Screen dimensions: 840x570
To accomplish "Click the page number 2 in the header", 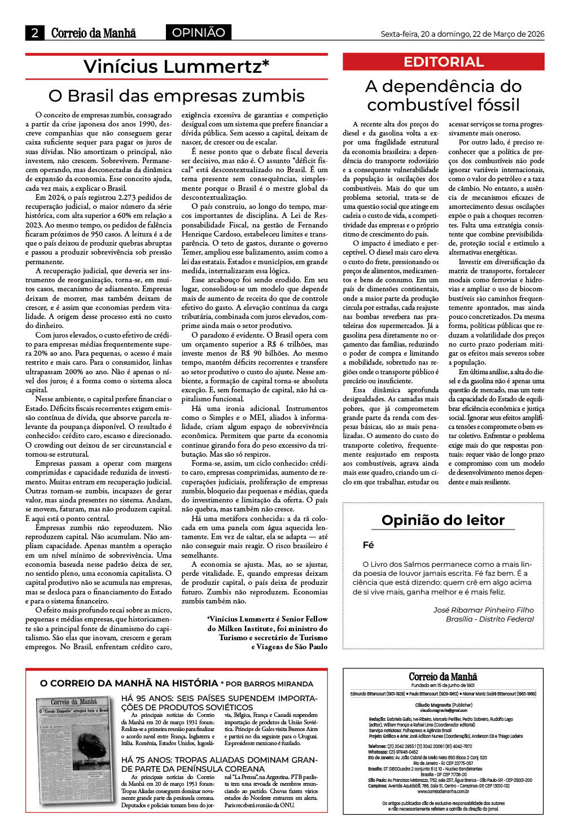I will point(34,33).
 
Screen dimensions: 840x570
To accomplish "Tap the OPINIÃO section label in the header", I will point(198,33).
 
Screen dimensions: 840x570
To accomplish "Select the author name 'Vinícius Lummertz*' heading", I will point(176,67).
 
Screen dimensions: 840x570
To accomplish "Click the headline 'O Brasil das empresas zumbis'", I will point(176,95).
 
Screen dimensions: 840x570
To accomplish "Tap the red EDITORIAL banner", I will point(443,62).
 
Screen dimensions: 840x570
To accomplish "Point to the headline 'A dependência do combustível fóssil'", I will point(443,95).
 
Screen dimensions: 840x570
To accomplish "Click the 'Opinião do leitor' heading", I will point(443,520).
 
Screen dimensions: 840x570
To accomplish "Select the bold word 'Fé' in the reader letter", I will point(369,545).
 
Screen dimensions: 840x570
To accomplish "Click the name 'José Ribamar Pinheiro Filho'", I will point(483,610).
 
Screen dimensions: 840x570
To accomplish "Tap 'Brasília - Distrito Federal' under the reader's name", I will point(489,619).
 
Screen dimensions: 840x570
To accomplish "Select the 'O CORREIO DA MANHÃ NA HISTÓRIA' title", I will point(129,683).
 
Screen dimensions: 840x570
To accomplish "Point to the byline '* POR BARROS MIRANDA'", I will point(266,684).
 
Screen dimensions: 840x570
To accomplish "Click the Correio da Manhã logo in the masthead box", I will point(443,676).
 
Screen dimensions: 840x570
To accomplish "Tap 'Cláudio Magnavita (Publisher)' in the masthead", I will point(444,705).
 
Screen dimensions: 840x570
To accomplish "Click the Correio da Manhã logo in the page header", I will point(93,33).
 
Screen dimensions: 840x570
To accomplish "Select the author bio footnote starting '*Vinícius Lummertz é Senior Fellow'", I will point(267,633).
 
